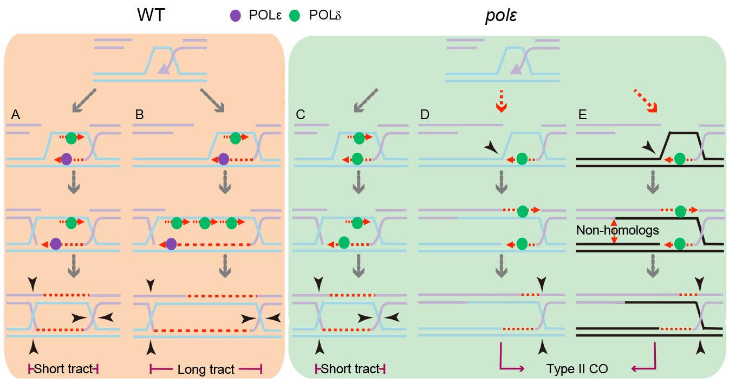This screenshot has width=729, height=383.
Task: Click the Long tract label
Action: [x=206, y=369]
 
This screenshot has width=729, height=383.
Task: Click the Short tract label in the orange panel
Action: [x=63, y=369]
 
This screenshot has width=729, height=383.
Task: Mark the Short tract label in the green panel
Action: [x=350, y=369]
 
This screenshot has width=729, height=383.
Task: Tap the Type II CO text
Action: [x=577, y=369]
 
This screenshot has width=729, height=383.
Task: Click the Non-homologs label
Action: [x=617, y=230]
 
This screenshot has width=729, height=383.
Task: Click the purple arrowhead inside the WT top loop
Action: [x=164, y=69]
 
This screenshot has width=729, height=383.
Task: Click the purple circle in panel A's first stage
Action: [x=66, y=159]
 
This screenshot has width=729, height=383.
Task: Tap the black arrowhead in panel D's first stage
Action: [x=492, y=147]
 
